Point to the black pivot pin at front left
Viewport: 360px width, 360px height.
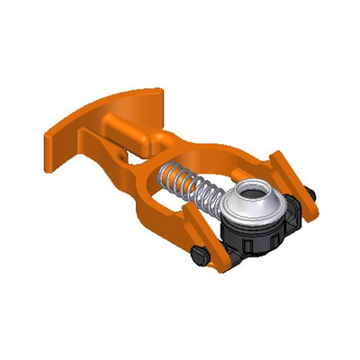tap(200, 259)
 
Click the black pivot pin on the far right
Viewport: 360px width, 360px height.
tap(309, 193)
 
